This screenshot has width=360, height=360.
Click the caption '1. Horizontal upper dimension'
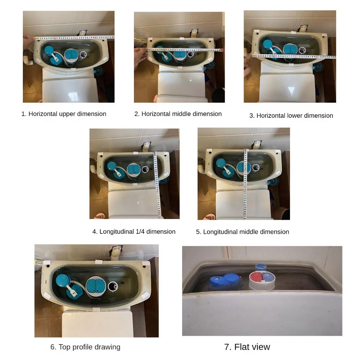click(64, 114)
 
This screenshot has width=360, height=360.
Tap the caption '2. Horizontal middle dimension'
click(178, 114)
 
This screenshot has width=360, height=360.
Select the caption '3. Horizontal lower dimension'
click(291, 115)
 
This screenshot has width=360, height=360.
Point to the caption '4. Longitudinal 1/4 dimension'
click(134, 231)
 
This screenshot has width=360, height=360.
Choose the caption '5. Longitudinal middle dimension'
click(243, 232)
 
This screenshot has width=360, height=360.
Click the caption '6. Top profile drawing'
click(85, 347)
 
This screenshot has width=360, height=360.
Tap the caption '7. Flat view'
click(247, 347)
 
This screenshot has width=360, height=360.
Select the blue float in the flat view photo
click(225, 279)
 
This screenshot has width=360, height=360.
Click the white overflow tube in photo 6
click(113, 286)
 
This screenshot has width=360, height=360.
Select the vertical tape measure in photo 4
click(157, 185)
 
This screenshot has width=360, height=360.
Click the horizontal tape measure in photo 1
click(75, 38)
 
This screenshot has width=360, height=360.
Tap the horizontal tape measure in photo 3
click(294, 56)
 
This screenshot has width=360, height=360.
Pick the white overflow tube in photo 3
click(302, 50)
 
